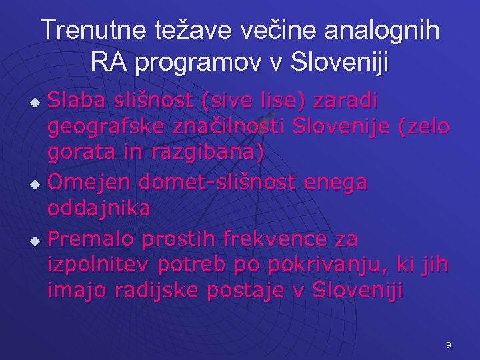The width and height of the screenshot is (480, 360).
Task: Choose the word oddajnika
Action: pyautogui.click(x=99, y=207)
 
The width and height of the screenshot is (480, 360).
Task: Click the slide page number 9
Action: pyautogui.click(x=448, y=345)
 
